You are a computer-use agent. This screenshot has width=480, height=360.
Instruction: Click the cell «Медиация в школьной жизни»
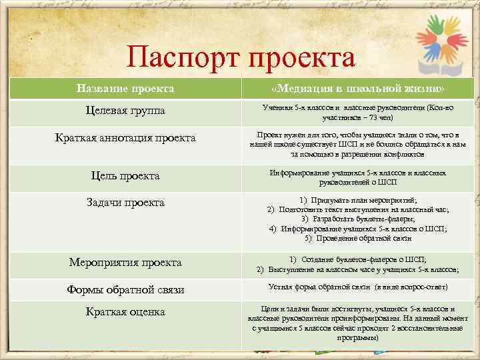pyautogui.click(x=358, y=89)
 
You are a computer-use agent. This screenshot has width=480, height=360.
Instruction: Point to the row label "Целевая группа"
pyautogui.click(x=126, y=110)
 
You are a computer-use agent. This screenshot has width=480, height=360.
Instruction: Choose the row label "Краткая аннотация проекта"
pyautogui.click(x=125, y=138)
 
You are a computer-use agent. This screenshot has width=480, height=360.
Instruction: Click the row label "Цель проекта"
pyautogui.click(x=125, y=176)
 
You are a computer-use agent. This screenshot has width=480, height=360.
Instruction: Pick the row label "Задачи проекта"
pyautogui.click(x=125, y=203)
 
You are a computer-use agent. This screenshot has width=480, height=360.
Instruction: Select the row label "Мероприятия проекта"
pyautogui.click(x=125, y=262)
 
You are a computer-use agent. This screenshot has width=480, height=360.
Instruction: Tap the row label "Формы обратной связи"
pyautogui.click(x=125, y=290)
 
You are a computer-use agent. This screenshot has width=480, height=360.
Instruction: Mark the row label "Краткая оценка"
pyautogui.click(x=125, y=312)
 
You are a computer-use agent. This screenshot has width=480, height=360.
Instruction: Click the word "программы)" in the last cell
pyautogui.click(x=358, y=337)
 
